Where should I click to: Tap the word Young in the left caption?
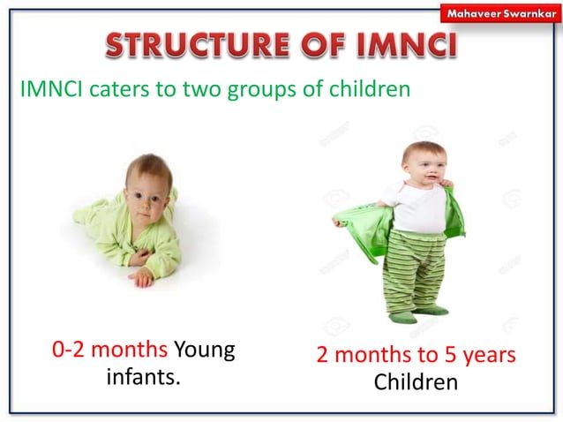205,351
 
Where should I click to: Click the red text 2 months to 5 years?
416,355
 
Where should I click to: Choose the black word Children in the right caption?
416,384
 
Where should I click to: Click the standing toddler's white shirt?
418,207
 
